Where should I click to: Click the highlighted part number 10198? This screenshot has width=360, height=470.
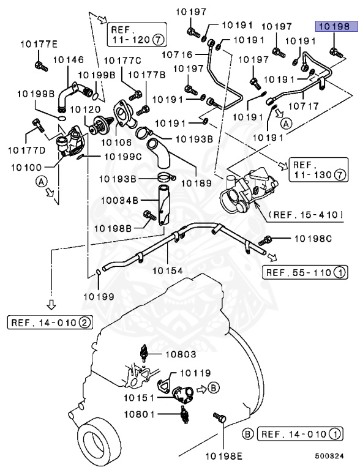click(332, 26)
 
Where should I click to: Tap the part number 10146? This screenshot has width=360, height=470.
click(67, 60)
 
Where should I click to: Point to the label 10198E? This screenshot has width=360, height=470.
click(223, 455)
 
